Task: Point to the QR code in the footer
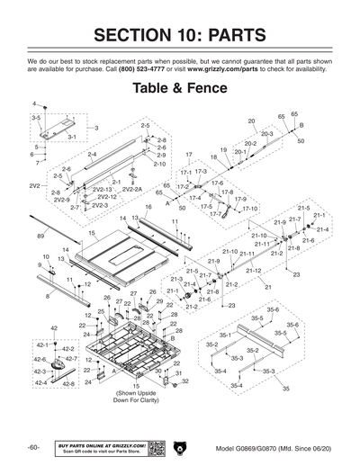coord(154,446)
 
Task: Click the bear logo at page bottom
coord(180,446)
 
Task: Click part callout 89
coord(40,235)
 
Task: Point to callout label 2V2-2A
coord(132,190)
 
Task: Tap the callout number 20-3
coord(266,133)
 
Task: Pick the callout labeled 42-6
coord(41,359)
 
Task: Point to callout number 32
coord(184,380)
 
